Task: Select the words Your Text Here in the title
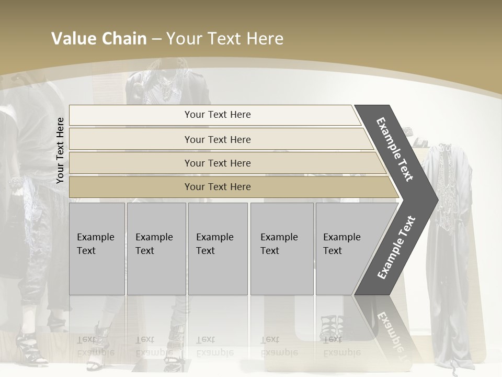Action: [x=225, y=39]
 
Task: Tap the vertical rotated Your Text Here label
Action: [x=60, y=150]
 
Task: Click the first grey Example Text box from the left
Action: [x=97, y=249]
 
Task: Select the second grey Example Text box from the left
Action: [x=156, y=249]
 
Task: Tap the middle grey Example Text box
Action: [x=218, y=249]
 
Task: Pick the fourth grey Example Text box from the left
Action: [x=282, y=249]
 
